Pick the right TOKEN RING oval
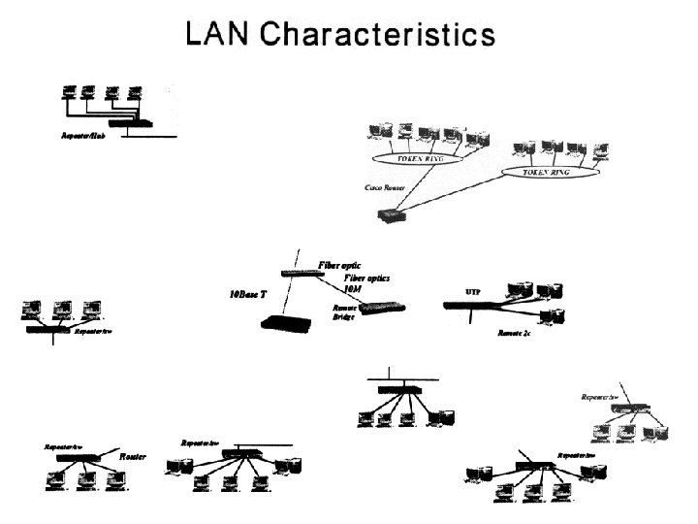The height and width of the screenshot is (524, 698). tap(548, 172)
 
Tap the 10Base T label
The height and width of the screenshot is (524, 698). tap(248, 293)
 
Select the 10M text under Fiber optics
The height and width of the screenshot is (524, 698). tap(352, 288)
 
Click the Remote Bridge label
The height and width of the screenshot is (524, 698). tap(344, 311)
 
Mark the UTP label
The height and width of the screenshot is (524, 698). tap(473, 291)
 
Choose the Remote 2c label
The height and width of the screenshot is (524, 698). tap(513, 332)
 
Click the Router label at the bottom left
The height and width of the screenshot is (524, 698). tap(133, 455)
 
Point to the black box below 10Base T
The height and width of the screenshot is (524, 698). tap(284, 326)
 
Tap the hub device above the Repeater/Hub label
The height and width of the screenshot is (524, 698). tap(130, 123)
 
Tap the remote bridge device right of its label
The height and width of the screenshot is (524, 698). tap(382, 309)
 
